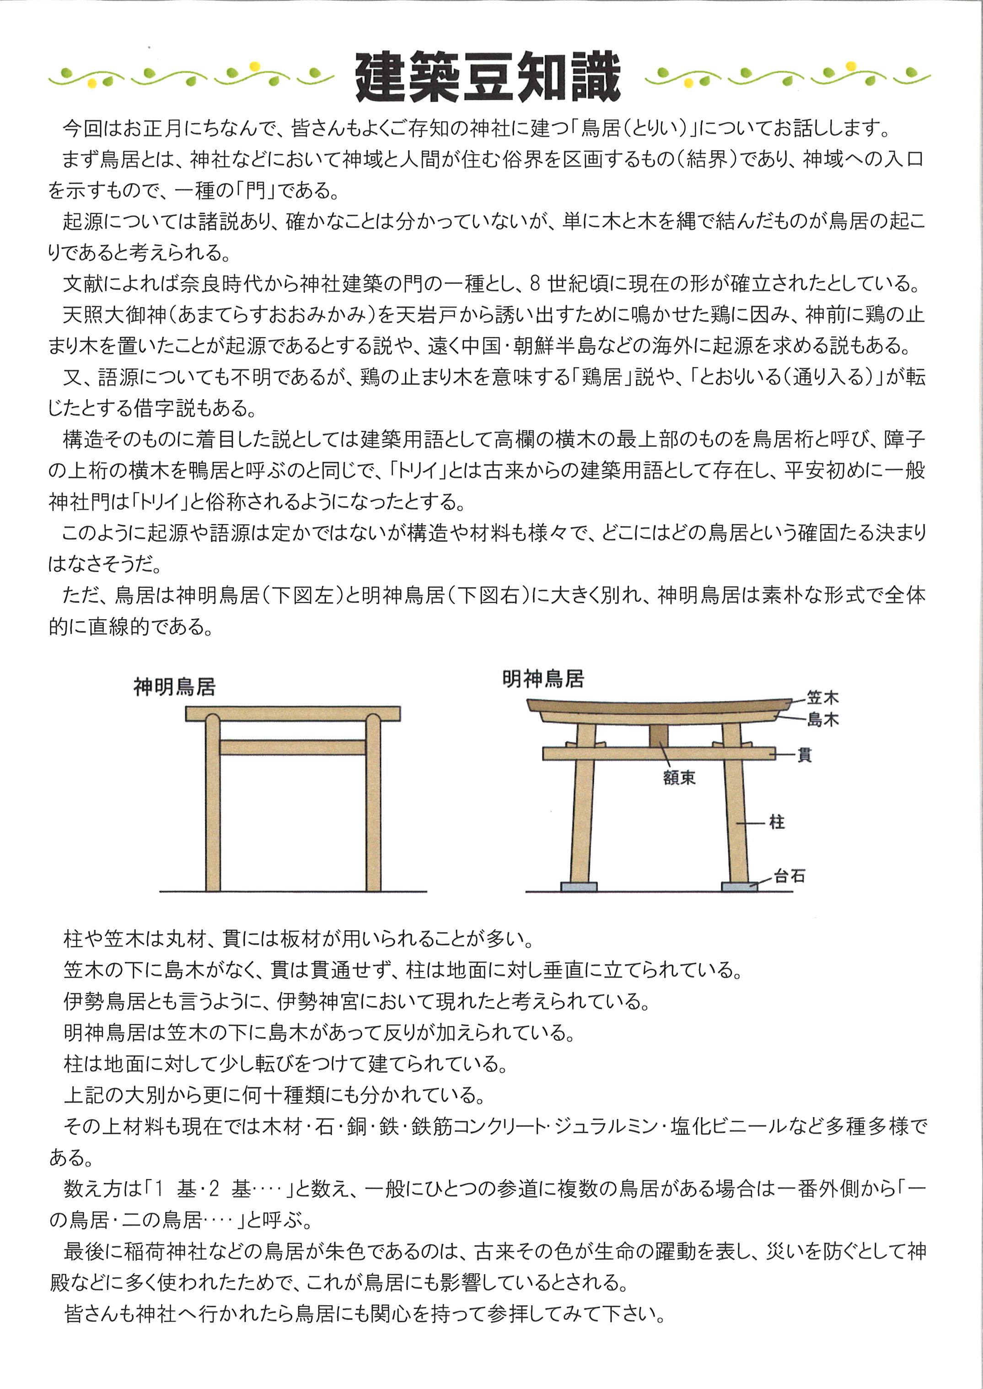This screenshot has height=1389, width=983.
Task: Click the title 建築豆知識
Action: point(488,77)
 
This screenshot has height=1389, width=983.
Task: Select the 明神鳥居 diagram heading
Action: point(543,679)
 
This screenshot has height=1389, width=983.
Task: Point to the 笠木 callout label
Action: point(822,698)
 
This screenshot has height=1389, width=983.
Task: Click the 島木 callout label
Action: point(822,720)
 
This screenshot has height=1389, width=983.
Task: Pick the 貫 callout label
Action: point(805,755)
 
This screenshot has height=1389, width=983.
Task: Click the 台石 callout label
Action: point(790,876)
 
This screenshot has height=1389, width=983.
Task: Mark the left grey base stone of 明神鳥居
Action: point(579,886)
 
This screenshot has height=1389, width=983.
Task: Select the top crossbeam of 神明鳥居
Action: point(292,714)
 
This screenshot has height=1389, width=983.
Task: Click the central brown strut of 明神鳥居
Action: point(659,735)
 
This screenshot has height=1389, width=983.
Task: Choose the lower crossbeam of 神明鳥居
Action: point(292,747)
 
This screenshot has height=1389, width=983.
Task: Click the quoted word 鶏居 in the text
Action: point(602,377)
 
